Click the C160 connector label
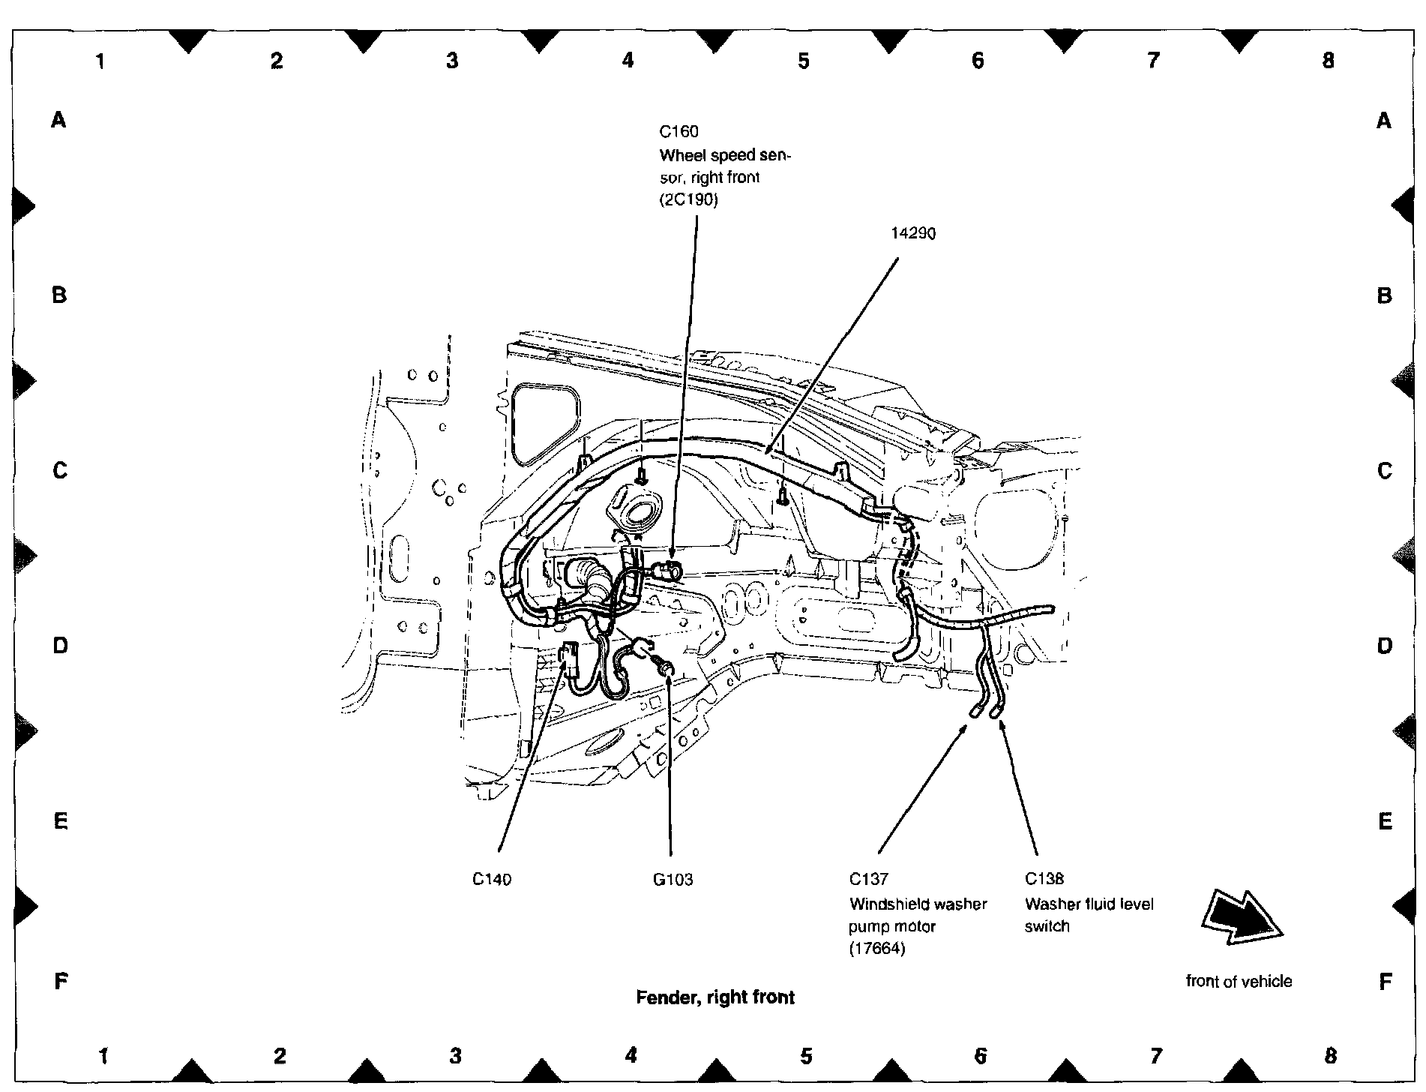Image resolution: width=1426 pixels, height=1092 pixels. point(679,132)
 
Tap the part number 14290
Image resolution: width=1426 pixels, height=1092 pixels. point(913,234)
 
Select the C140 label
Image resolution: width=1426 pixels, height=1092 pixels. point(492,879)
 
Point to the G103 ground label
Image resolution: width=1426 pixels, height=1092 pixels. point(673,879)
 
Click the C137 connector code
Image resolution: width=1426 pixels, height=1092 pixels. point(869,879)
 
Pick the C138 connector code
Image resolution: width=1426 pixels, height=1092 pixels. point(1044,879)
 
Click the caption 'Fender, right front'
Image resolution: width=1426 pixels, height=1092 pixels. point(715,997)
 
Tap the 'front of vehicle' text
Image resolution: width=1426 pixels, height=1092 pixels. point(1239,981)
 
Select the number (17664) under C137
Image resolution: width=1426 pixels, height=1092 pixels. point(877,949)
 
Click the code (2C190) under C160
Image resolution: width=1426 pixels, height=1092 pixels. point(688,200)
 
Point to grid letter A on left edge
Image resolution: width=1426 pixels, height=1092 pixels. point(59,119)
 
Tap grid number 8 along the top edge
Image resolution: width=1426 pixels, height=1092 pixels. point(1329,60)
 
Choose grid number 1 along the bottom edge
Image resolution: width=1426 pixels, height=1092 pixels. point(104,1057)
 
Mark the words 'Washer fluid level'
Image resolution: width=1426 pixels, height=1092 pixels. point(1089,904)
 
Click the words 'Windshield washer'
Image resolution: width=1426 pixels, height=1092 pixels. point(918,904)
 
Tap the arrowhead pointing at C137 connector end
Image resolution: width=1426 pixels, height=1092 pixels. point(967,724)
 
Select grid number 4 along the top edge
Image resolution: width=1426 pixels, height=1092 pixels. point(628,60)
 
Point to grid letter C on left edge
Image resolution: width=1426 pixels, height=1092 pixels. point(60,470)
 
